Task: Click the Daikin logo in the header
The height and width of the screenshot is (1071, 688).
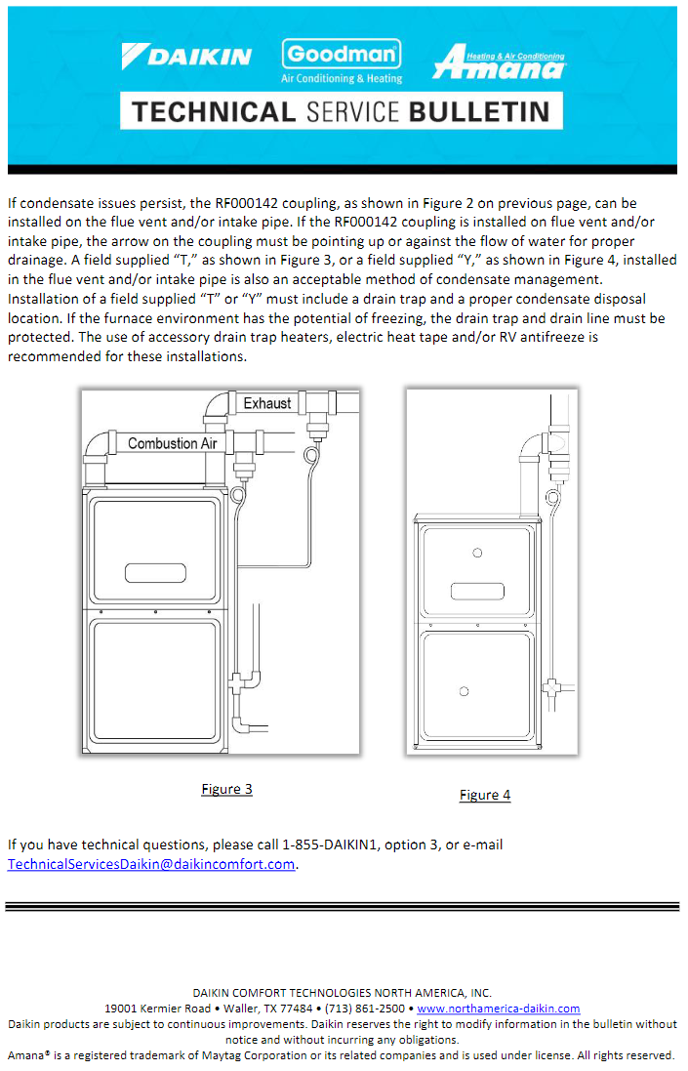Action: (185, 56)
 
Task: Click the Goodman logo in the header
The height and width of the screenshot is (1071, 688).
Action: (342, 61)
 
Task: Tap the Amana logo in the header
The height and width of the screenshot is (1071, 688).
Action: (499, 62)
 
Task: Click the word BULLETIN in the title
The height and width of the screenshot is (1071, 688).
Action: (478, 111)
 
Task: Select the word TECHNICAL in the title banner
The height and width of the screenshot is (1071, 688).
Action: (214, 111)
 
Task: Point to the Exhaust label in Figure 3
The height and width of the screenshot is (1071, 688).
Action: (266, 403)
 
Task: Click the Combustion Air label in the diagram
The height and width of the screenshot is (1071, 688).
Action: (172, 443)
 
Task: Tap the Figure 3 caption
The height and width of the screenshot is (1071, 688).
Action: (226, 789)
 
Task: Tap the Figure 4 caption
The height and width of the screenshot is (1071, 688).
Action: (485, 795)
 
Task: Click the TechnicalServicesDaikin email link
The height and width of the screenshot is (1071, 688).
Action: (151, 864)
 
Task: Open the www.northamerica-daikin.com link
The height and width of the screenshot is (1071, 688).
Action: (499, 1009)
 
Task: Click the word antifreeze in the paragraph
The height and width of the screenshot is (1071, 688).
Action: (538, 338)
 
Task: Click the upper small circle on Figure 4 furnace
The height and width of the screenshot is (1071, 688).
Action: (477, 554)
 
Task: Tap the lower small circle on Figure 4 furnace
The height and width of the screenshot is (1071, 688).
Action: (464, 692)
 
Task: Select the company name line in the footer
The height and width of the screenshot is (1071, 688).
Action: (343, 992)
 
